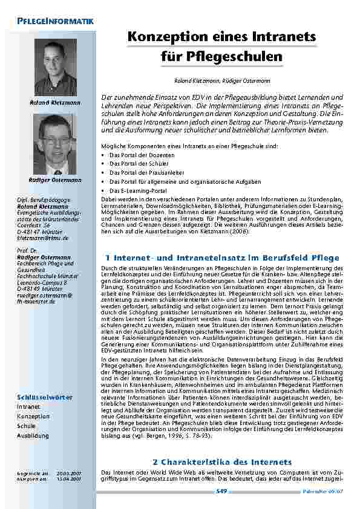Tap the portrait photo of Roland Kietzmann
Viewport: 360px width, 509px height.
pos(55,67)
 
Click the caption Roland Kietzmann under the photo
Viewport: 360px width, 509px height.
pos(55,103)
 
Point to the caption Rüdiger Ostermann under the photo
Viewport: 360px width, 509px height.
pos(55,180)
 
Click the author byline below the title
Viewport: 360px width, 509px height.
pos(221,80)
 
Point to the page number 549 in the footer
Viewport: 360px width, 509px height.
pos(221,492)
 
